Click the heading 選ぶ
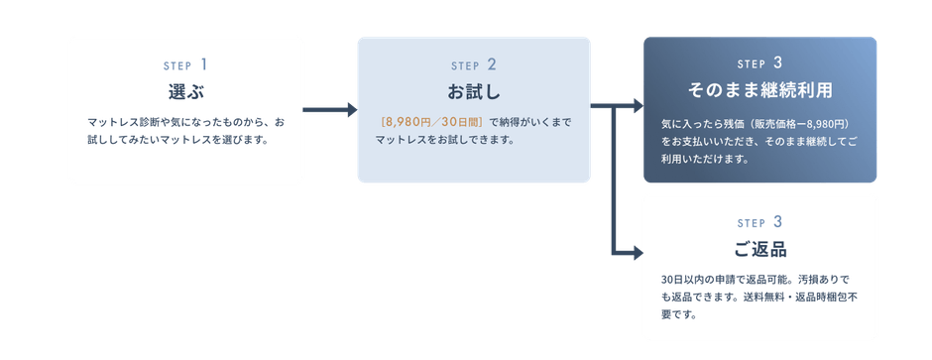coord(186,92)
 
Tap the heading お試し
coord(474,92)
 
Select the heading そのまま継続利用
coord(760,90)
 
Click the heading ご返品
coord(760,249)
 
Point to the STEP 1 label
coord(186,64)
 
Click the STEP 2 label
coord(474,64)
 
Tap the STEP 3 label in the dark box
coord(760,62)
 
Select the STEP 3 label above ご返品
coord(760,222)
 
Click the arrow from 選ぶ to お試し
coord(330,110)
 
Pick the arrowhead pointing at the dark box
coord(638,106)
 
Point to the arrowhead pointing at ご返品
coord(638,253)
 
